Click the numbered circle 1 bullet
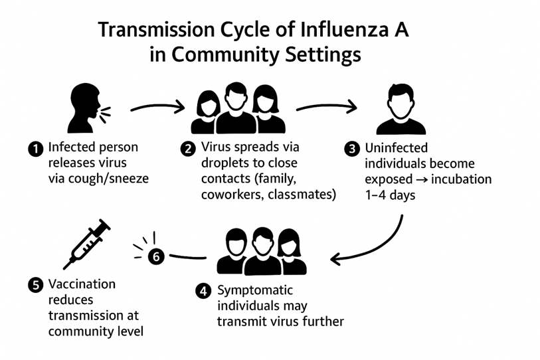click(x=36, y=149)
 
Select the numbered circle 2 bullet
click(x=187, y=149)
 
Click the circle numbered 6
click(x=155, y=256)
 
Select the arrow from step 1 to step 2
click(x=157, y=106)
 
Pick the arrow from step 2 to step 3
click(x=325, y=106)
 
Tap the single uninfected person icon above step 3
click(x=400, y=109)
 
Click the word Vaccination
click(x=82, y=284)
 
